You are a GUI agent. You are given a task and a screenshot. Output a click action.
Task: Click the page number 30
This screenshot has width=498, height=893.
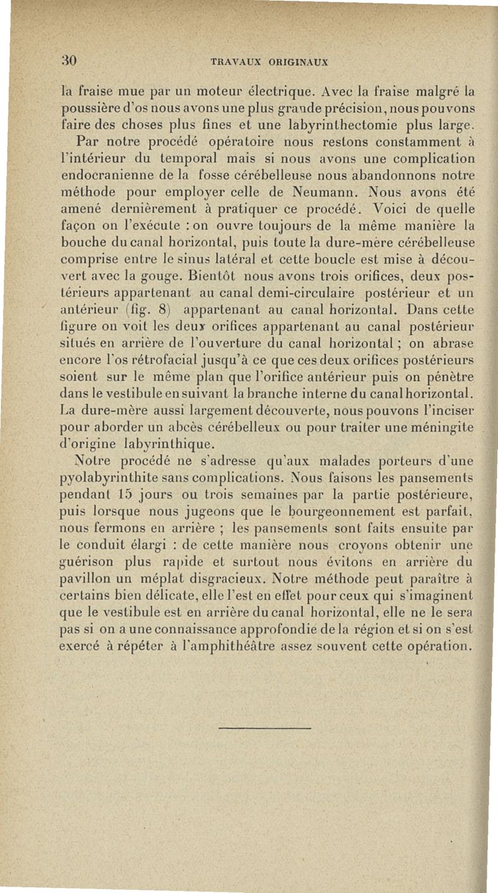click(69, 60)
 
